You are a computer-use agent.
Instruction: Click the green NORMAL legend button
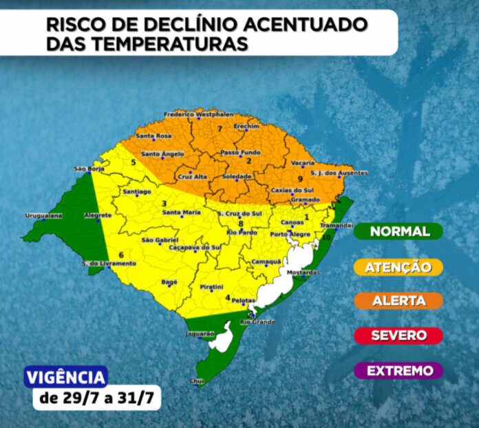point(400,231)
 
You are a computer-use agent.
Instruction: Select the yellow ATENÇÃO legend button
point(400,266)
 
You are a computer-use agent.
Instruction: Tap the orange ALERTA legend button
point(400,301)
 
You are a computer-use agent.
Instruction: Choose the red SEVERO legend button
point(400,336)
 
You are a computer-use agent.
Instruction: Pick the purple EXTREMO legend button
point(400,371)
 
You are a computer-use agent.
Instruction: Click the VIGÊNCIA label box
point(66,377)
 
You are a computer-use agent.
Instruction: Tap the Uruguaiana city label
point(43,215)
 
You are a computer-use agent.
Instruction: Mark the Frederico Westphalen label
point(198,114)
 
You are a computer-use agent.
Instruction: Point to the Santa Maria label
point(181,213)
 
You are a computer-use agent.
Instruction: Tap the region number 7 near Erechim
point(220,129)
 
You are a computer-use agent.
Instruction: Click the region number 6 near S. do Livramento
point(121,255)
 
